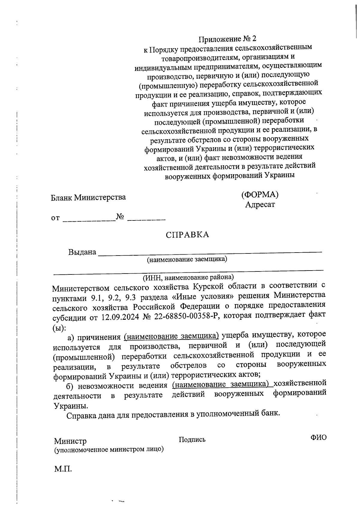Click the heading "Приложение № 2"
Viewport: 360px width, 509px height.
(x=228, y=39)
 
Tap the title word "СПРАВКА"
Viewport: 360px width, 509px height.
(x=187, y=235)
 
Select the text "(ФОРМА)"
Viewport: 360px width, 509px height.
(x=260, y=195)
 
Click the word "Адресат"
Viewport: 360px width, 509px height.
(x=260, y=205)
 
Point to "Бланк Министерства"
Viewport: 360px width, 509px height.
(x=88, y=198)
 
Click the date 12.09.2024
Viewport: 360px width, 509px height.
(x=120, y=318)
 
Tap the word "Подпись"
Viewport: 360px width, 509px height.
(x=192, y=440)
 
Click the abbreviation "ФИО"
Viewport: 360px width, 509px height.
(x=318, y=438)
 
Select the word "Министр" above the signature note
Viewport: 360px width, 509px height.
(x=70, y=441)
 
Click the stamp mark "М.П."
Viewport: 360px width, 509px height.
(x=63, y=469)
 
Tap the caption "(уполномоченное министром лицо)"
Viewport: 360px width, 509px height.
(x=109, y=450)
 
